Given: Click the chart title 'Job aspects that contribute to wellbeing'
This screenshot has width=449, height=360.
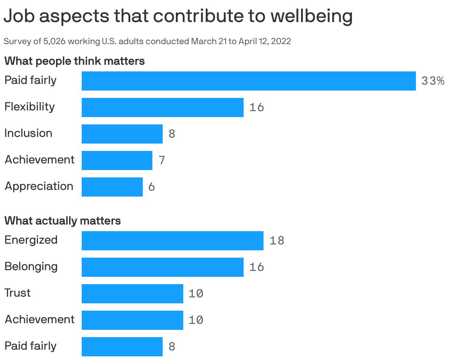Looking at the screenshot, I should [178, 16].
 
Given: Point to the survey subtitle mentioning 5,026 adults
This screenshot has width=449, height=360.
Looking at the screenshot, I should [147, 41].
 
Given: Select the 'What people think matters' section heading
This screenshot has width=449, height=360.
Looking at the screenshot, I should [74, 61].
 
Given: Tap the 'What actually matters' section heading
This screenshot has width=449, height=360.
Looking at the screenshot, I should [63, 220].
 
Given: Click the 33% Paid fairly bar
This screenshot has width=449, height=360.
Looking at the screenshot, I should [248, 81].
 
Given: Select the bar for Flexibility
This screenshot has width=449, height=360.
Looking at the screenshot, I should [162, 107].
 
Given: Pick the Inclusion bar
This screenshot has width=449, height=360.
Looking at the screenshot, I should [122, 134].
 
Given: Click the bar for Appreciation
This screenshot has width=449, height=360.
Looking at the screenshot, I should [112, 187].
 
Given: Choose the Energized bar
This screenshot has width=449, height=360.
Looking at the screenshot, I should [172, 241].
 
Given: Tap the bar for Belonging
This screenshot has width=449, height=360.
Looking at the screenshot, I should [162, 267].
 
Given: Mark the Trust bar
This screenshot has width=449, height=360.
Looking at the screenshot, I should [132, 294].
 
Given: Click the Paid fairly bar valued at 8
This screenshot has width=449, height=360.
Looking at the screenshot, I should [122, 347].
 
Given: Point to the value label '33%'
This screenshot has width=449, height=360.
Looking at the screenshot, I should [433, 81].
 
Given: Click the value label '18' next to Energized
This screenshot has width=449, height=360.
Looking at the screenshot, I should [277, 241].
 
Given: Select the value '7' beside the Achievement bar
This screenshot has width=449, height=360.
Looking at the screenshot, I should [162, 160].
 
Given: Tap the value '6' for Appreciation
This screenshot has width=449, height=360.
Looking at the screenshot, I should [151, 187].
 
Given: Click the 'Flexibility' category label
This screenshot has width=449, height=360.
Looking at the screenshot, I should [29, 107].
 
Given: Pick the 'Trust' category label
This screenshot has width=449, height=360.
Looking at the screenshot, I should [17, 293].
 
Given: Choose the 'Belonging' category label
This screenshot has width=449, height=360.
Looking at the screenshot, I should [31, 267].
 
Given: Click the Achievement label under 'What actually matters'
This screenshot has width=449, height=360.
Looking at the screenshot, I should [39, 320].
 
